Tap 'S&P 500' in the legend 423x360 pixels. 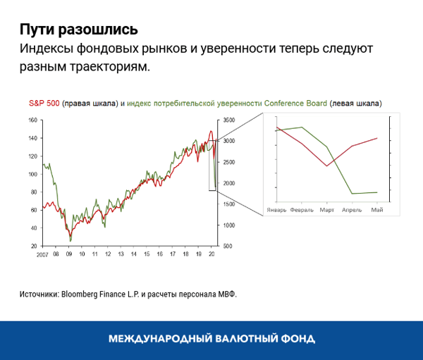44,103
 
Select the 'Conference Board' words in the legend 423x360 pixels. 295,103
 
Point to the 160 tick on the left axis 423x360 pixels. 32,120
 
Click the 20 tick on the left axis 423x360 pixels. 33,247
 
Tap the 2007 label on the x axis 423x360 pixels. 43,254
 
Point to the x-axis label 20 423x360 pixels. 211,254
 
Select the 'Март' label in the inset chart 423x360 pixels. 326,210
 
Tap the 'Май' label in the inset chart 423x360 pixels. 377,210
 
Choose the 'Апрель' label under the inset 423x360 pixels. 352,210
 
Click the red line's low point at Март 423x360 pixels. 326,166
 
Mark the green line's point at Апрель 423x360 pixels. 352,193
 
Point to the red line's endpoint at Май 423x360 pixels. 377,138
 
